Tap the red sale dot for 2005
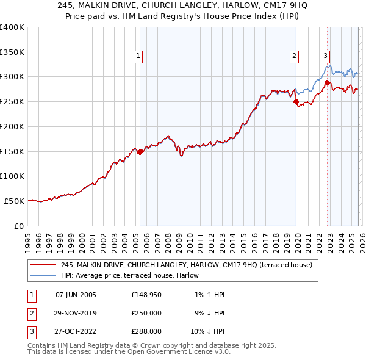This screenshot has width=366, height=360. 140,152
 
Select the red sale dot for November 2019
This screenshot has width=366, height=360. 296,102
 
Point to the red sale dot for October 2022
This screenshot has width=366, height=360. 328,83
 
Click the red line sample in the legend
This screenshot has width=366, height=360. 43,265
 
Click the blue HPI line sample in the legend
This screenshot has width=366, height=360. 43,276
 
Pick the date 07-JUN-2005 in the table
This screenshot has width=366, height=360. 76,295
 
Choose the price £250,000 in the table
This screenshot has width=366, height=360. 146,313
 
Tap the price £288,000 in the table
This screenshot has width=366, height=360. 146,331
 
